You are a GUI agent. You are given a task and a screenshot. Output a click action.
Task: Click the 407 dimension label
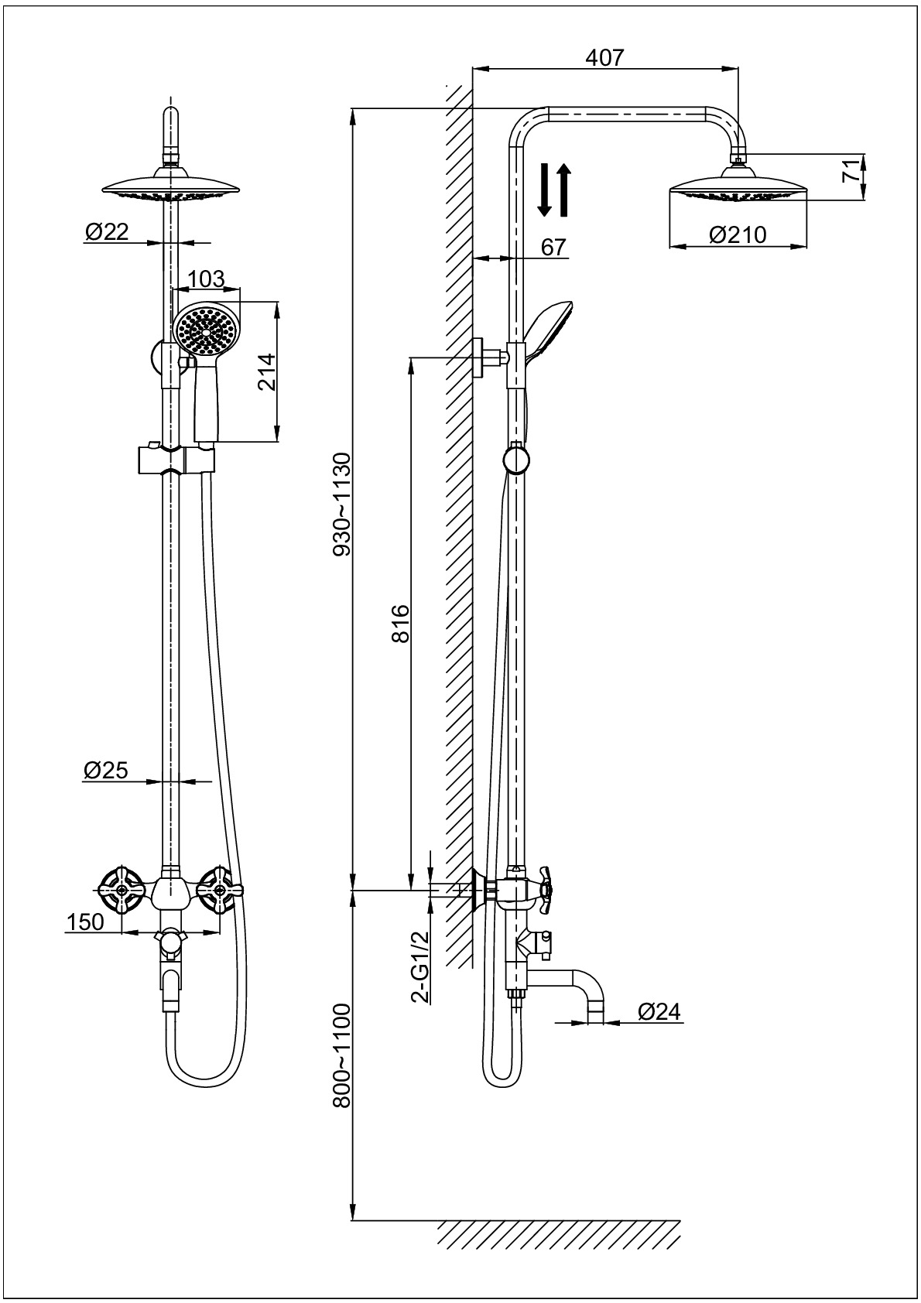click(x=605, y=57)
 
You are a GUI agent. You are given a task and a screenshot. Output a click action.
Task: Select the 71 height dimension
click(x=851, y=171)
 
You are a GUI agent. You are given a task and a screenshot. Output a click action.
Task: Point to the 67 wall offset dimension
click(x=553, y=247)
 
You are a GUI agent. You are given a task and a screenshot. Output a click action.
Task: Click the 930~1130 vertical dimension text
click(x=341, y=504)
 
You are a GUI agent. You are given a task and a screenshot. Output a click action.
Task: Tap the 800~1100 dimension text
click(x=341, y=1056)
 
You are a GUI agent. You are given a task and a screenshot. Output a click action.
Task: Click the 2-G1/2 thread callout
click(x=420, y=966)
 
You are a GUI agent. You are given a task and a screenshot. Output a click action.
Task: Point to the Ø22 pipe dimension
click(x=107, y=231)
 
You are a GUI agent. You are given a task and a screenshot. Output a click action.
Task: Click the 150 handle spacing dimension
click(x=86, y=922)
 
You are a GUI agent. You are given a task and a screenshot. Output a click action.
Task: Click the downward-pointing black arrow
click(x=545, y=190)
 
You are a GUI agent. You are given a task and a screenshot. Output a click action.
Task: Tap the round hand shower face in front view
click(x=206, y=329)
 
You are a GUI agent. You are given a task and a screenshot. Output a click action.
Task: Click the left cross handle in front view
click(x=122, y=890)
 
